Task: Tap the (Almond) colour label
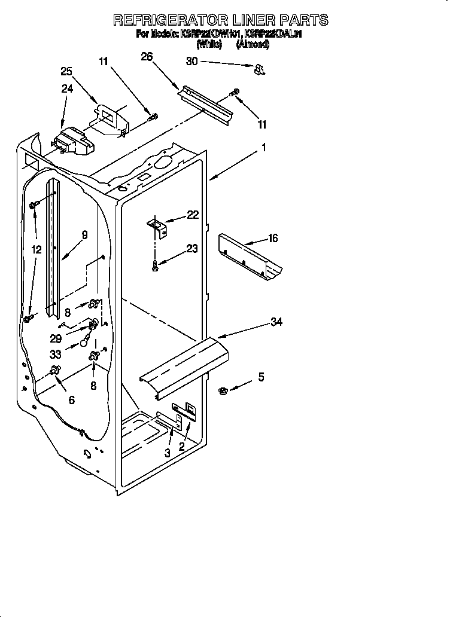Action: (253, 44)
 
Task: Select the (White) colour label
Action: (209, 44)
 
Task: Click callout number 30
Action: (191, 62)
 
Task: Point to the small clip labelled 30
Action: (259, 71)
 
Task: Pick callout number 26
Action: (147, 57)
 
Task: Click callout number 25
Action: (67, 71)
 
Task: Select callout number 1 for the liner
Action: (263, 147)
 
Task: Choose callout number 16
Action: (273, 239)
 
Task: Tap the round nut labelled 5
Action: (223, 391)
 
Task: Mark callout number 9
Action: (84, 235)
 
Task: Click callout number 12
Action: (37, 249)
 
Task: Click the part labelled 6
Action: (57, 371)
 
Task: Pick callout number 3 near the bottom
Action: (168, 453)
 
